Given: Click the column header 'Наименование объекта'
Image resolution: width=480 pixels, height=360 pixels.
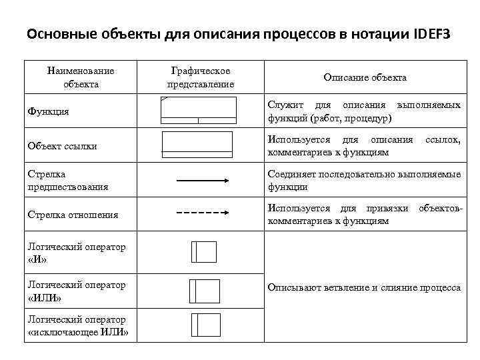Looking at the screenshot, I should click(81, 77).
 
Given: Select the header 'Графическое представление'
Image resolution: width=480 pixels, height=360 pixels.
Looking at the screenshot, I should click(200, 77).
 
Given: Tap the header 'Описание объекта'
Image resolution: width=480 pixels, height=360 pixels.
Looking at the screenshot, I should click(365, 78).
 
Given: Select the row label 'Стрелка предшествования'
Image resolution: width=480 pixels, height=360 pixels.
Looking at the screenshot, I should click(68, 181).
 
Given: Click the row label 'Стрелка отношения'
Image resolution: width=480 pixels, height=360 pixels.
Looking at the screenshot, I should click(73, 215).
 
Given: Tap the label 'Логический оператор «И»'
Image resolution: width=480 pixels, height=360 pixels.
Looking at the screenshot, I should click(77, 253).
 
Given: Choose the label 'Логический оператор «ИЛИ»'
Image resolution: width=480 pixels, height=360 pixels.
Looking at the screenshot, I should click(77, 291).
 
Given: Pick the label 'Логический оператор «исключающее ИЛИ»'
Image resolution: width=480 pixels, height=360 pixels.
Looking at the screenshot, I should click(78, 326).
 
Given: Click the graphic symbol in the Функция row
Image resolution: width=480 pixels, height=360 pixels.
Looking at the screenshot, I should click(199, 111).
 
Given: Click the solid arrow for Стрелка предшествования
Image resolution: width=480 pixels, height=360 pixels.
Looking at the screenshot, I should click(202, 180).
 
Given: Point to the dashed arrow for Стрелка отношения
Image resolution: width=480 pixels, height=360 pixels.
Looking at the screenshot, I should click(202, 213).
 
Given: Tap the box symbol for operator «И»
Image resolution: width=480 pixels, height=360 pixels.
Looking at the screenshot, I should click(204, 251).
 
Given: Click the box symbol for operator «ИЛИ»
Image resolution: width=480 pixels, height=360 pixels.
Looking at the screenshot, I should click(204, 290).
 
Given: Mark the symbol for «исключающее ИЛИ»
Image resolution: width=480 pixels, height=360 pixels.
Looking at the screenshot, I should click(204, 324).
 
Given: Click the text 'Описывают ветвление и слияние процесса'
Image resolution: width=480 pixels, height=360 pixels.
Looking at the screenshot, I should click(364, 288).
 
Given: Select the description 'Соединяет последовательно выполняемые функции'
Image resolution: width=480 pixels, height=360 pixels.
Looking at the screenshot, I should click(364, 181).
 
